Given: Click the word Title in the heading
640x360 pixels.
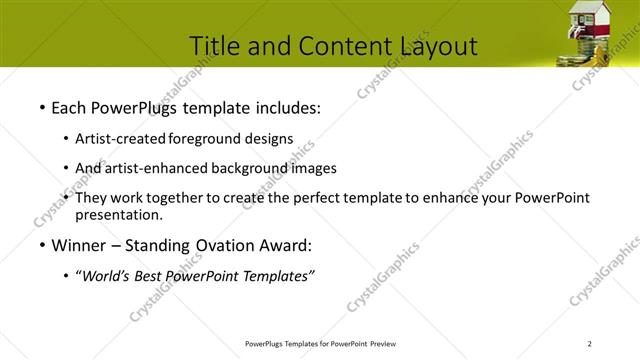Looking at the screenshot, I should click(215, 46).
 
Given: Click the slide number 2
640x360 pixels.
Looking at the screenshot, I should click(590, 344).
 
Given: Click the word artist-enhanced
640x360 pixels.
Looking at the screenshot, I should click(158, 168).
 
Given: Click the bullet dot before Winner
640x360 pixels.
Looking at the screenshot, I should click(41, 246).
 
